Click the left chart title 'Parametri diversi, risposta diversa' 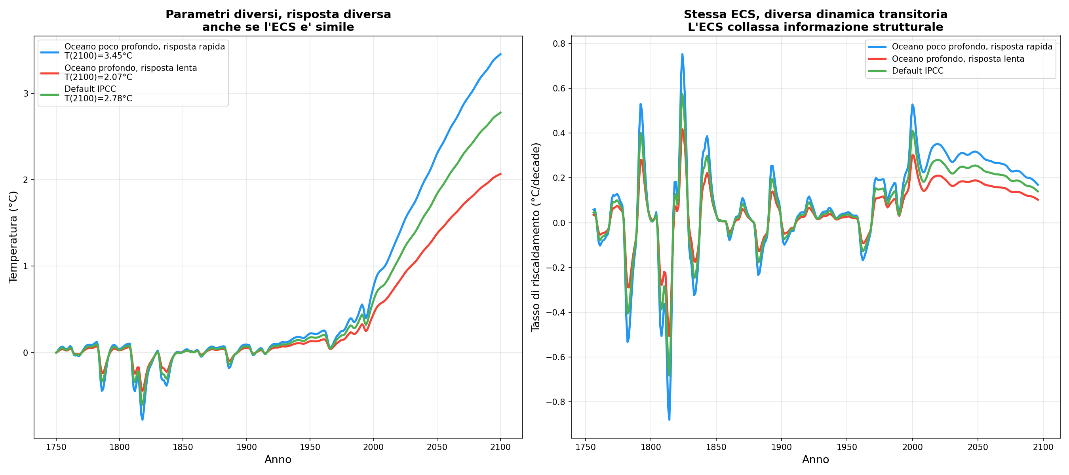(x=278, y=15)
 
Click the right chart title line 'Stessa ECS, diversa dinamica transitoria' (x=816, y=15)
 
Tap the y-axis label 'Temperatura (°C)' (x=13, y=237)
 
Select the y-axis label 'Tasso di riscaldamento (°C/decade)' (x=536, y=237)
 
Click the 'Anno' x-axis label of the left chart (x=278, y=460)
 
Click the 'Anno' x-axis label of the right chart (x=815, y=460)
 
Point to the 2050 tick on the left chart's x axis (x=437, y=447)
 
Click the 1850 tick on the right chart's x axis (x=716, y=447)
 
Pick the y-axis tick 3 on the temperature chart (x=26, y=94)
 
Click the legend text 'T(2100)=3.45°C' (x=98, y=56)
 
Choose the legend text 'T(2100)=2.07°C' (x=98, y=77)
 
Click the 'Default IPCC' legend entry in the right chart (x=917, y=71)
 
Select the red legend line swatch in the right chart (x=877, y=59)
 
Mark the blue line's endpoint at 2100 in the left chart (x=500, y=54)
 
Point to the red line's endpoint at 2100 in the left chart (x=500, y=174)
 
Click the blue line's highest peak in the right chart (x=682, y=54)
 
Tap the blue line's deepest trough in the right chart (x=670, y=420)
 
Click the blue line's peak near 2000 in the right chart (x=912, y=105)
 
